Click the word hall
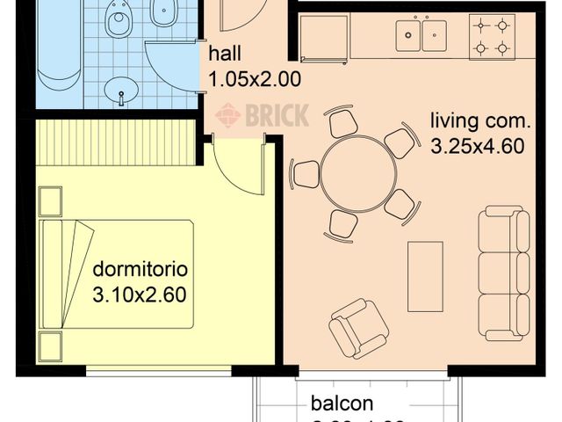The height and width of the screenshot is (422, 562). pos(225,55)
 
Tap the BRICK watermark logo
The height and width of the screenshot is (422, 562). pos(263,115)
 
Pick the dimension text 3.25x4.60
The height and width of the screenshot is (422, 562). pos(477,146)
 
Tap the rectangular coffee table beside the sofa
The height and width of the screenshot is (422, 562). pos(425,276)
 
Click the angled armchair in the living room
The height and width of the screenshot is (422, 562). pos(358,328)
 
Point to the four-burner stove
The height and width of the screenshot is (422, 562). pos(492,36)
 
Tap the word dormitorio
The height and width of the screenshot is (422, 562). pos(140,269)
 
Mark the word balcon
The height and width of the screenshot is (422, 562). pos(342,404)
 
